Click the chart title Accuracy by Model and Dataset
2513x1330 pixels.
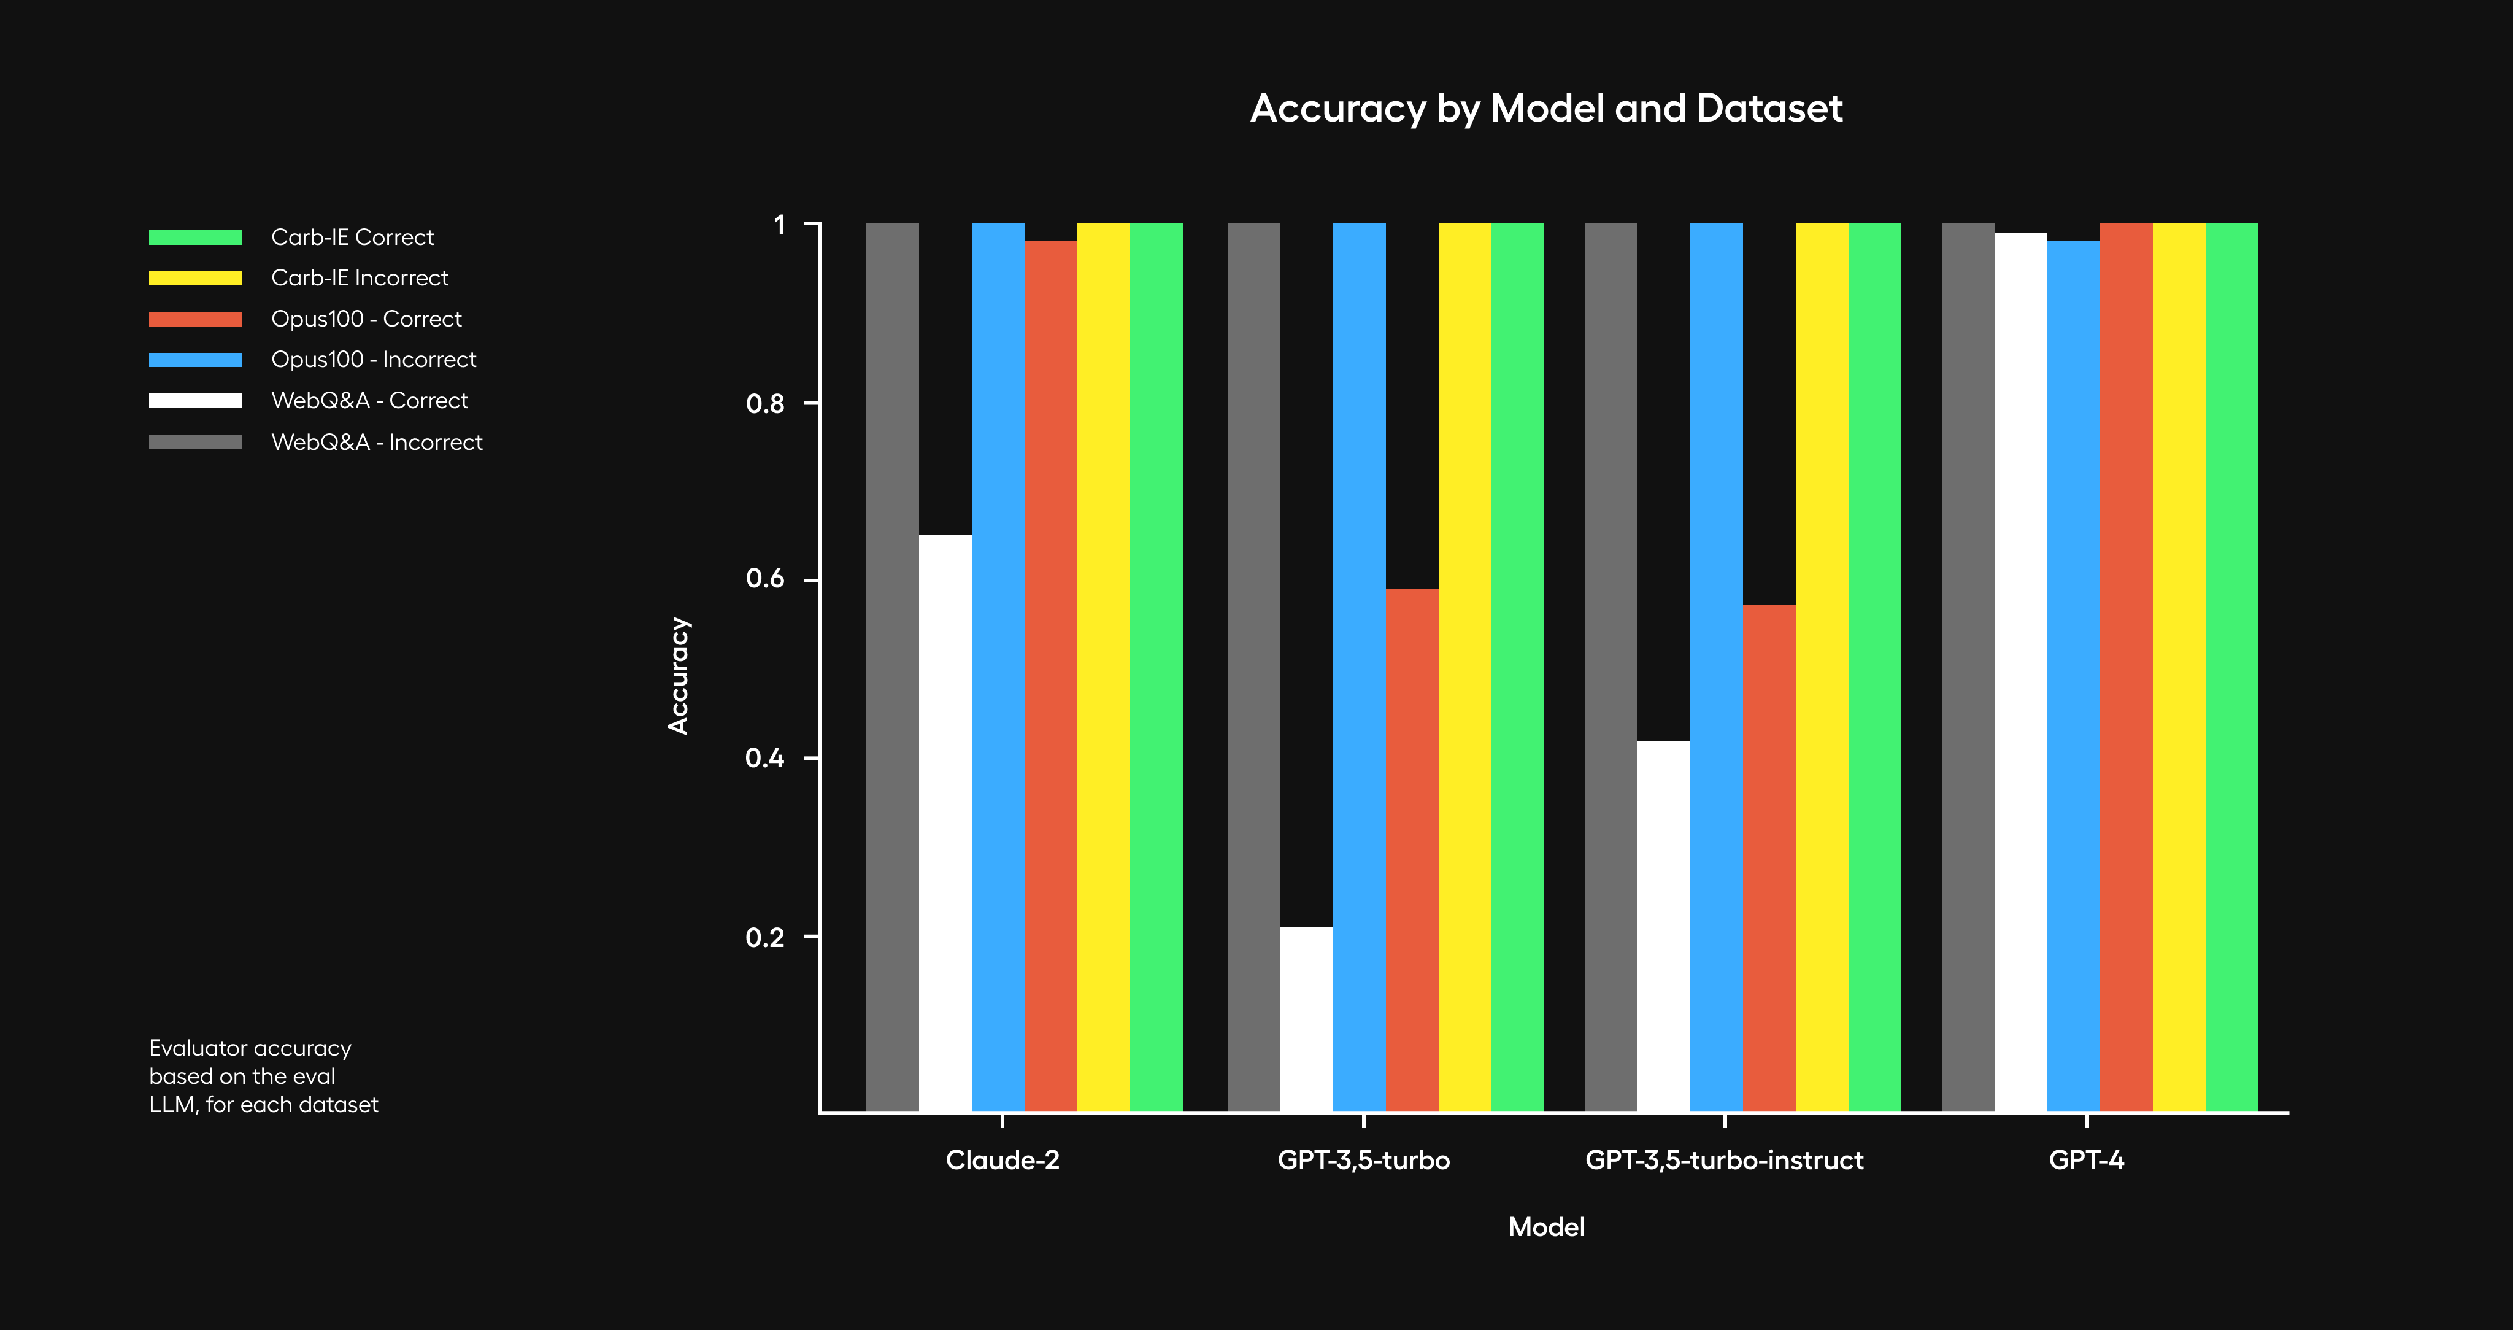pyautogui.click(x=1546, y=108)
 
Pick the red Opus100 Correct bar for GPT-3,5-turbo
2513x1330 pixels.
pyautogui.click(x=1412, y=849)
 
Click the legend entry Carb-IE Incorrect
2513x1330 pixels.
pyautogui.click(x=359, y=278)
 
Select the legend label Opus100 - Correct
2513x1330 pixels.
pyautogui.click(x=366, y=319)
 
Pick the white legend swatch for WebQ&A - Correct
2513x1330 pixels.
pyautogui.click(x=195, y=401)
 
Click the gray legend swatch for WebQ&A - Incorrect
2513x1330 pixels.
pyautogui.click(x=195, y=442)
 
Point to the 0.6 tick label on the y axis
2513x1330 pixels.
pyautogui.click(x=765, y=579)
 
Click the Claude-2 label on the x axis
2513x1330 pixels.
pyautogui.click(x=1002, y=1160)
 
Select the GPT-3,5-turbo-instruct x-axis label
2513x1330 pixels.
pyautogui.click(x=1724, y=1160)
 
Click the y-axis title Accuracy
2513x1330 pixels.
pyautogui.click(x=678, y=675)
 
